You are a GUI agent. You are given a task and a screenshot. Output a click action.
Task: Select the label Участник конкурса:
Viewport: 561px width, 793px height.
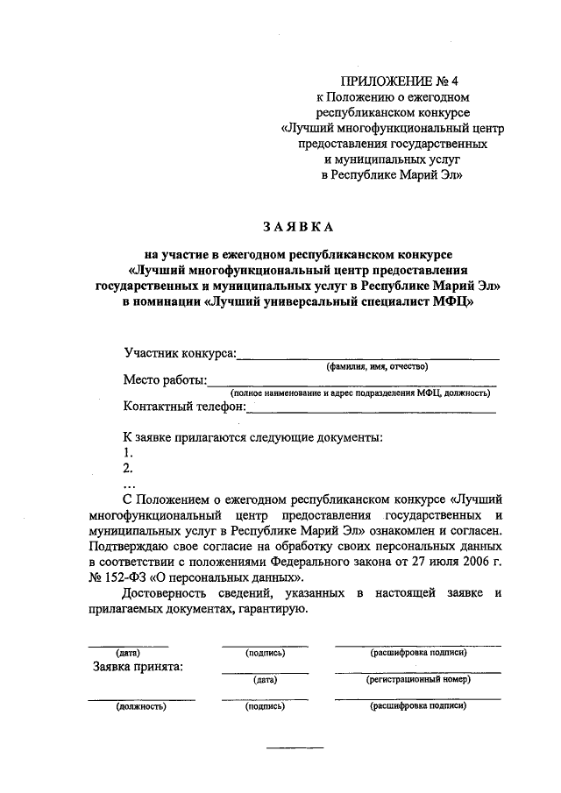point(181,353)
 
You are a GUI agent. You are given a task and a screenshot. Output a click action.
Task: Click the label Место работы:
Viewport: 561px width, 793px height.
point(165,379)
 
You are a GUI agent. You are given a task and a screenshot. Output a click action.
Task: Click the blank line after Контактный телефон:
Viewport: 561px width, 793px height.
point(372,409)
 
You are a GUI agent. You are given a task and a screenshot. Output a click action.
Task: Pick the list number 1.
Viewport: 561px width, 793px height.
point(128,452)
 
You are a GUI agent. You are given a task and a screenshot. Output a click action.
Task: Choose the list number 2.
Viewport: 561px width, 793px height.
point(128,468)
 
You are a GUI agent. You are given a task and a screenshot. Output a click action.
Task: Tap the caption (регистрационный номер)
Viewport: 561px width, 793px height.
point(418,680)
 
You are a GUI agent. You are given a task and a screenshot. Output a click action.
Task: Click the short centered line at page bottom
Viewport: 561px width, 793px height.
point(295,747)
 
